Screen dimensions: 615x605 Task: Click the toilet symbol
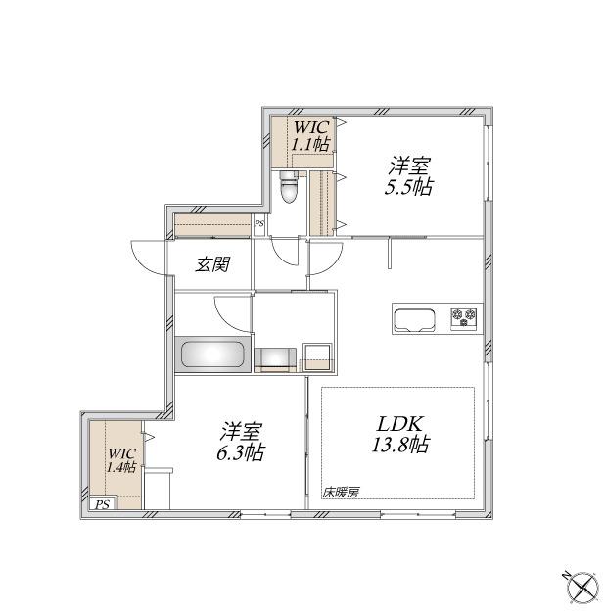click(x=289, y=187)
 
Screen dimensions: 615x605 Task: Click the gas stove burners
click(x=465, y=317)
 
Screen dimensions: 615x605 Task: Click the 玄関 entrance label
click(x=211, y=264)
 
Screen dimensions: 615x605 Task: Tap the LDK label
click(x=399, y=424)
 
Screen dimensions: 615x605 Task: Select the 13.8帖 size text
click(x=399, y=446)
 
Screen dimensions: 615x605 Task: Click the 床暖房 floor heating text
click(x=340, y=493)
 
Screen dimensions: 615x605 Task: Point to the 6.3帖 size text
click(x=238, y=453)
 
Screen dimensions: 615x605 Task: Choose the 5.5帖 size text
click(x=408, y=186)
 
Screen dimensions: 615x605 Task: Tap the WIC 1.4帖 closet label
click(x=120, y=460)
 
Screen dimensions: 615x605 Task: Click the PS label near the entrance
click(x=258, y=224)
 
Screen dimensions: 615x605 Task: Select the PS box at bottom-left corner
click(x=102, y=504)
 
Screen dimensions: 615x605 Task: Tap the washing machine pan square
click(x=317, y=355)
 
